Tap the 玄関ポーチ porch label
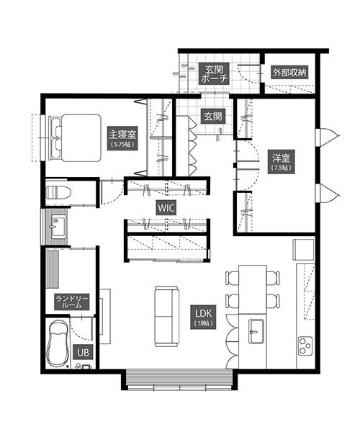213,73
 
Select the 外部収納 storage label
289,73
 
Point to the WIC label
166,209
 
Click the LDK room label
204,317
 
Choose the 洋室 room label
282,161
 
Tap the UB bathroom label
83,352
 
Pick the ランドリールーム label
72,302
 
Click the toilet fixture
58,192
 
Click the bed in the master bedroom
76,137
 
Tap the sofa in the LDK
166,316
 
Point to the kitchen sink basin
256,331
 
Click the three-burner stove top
305,346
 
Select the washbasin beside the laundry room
59,226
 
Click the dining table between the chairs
253,289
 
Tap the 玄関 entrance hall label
213,116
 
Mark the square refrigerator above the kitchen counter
303,250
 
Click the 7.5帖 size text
282,168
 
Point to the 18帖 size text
204,323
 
